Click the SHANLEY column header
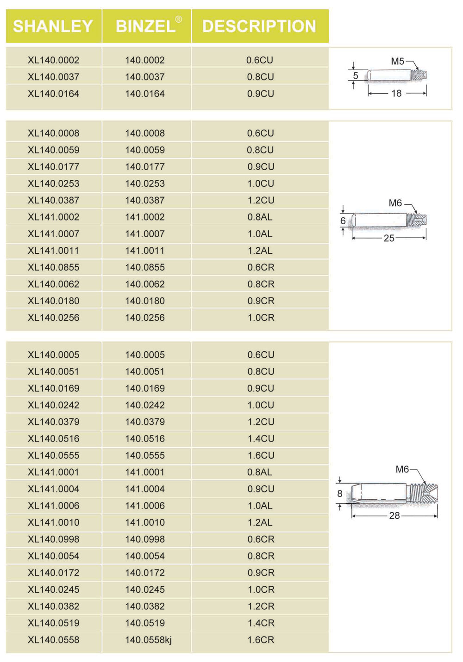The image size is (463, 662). [x=53, y=26]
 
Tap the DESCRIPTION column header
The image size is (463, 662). [x=259, y=26]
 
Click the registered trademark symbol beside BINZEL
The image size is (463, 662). [x=179, y=19]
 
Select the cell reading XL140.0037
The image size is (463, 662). [x=54, y=77]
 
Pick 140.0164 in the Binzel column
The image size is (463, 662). [x=145, y=93]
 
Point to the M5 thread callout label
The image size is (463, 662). [x=397, y=61]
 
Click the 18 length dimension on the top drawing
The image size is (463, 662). [x=396, y=93]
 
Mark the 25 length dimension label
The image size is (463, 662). [x=389, y=238]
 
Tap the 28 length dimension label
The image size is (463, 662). [x=394, y=515]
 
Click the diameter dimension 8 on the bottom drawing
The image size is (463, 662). [x=340, y=494]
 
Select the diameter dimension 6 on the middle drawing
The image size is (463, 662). [x=343, y=221]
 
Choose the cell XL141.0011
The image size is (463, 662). [x=54, y=251]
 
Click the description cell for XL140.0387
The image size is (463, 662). [x=261, y=200]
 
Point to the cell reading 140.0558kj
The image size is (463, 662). [x=148, y=640]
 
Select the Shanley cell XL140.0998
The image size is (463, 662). [x=54, y=539]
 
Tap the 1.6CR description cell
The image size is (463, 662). [x=261, y=640]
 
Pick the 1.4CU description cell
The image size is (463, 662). [x=261, y=439]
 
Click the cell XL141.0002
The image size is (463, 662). [x=54, y=217]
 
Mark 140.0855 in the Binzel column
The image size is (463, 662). [x=145, y=267]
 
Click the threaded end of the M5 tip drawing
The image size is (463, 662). [x=420, y=75]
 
